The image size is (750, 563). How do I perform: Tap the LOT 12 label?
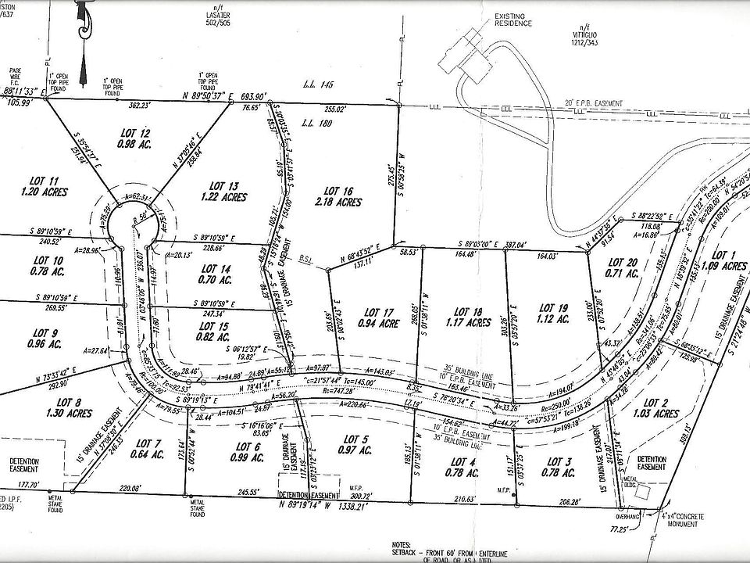[136, 132]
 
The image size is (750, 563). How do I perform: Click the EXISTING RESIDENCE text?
[512, 19]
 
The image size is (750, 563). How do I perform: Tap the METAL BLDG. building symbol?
[642, 493]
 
